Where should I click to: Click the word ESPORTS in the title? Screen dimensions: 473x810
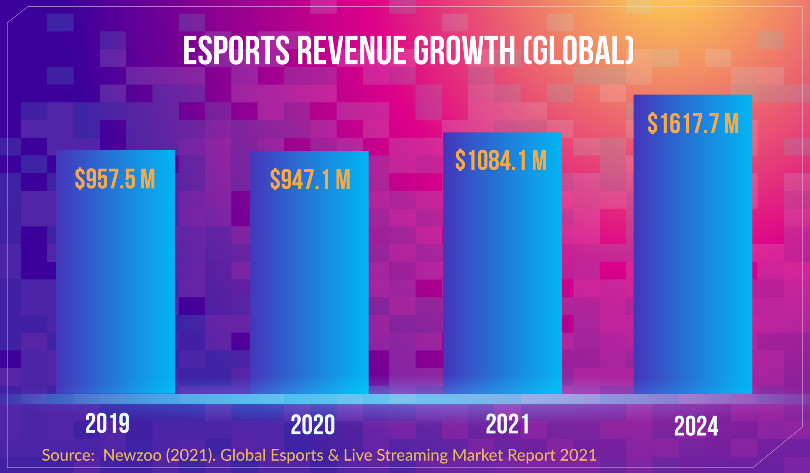(x=236, y=51)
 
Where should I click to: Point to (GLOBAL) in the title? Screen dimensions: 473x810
(x=579, y=51)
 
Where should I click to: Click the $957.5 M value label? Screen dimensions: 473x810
(x=115, y=179)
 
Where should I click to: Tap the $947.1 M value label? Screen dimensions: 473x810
(x=310, y=180)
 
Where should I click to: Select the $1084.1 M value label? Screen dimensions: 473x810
(x=501, y=160)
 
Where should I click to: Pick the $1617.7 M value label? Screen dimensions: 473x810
(x=693, y=123)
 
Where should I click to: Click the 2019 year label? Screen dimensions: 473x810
(x=107, y=423)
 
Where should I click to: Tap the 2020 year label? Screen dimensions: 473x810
(x=312, y=425)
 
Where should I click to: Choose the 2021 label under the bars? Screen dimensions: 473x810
(x=507, y=424)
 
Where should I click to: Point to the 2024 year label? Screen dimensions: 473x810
(x=696, y=426)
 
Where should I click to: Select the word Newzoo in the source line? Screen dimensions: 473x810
(x=132, y=455)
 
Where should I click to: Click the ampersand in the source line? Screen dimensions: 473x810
(x=333, y=455)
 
